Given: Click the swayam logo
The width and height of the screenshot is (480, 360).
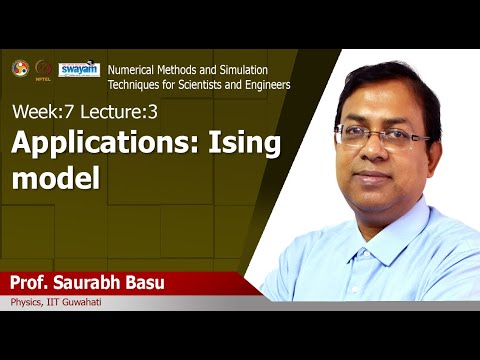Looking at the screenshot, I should pyautogui.click(x=80, y=69).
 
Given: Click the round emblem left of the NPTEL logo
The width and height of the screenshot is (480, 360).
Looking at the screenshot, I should pyautogui.click(x=20, y=68).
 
